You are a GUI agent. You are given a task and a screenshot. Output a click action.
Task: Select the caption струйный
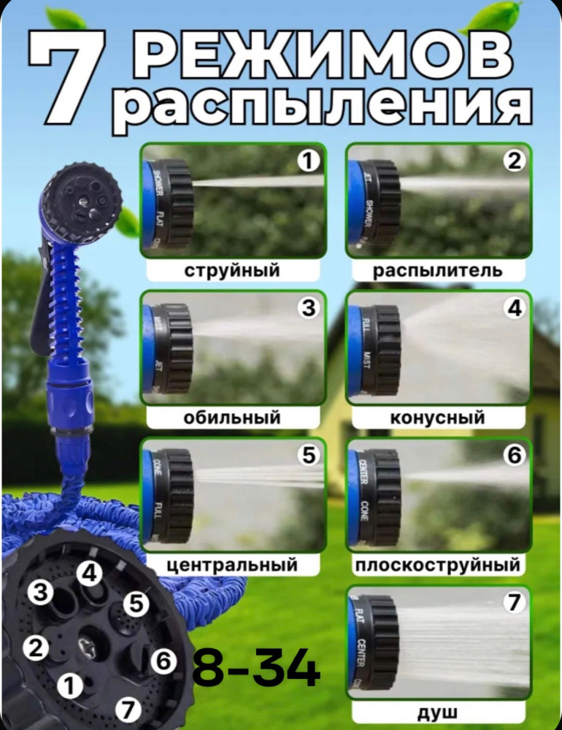[x=232, y=271]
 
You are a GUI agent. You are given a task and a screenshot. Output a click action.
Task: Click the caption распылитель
[x=438, y=271]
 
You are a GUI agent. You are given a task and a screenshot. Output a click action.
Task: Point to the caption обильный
[x=232, y=418]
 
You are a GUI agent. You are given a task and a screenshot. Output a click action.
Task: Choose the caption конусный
[x=438, y=418]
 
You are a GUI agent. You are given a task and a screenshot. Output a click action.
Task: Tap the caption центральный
[x=232, y=565]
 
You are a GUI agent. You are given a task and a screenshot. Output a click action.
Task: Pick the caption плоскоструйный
[x=438, y=565]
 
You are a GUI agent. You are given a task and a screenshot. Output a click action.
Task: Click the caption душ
[x=438, y=712]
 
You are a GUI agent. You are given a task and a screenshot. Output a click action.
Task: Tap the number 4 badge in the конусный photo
[x=515, y=309]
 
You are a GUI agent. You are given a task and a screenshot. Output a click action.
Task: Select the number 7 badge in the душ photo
[x=515, y=603]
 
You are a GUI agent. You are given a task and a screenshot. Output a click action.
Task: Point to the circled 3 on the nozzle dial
[x=42, y=593]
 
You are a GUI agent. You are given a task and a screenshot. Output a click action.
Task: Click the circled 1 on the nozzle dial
[x=70, y=685]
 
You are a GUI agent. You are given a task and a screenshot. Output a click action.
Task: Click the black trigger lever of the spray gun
[x=41, y=307]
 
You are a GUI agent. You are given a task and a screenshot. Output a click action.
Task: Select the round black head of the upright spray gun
[x=80, y=197]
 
